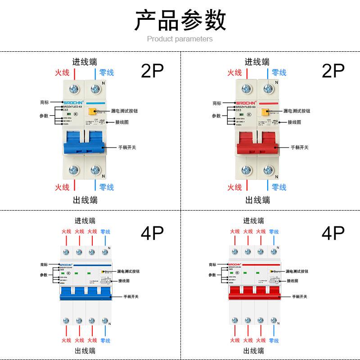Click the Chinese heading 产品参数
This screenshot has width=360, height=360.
(x=180, y=20)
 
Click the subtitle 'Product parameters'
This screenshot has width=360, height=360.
(x=180, y=39)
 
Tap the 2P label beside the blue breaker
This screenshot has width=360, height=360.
(x=152, y=71)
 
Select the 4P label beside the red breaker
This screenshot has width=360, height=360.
(x=333, y=233)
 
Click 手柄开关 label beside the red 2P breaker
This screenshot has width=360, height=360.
(x=300, y=147)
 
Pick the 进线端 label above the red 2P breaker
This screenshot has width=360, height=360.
(x=257, y=62)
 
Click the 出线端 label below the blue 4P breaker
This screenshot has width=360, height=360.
(x=85, y=351)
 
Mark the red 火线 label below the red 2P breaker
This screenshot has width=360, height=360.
(x=234, y=187)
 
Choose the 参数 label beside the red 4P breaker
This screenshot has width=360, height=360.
(x=212, y=275)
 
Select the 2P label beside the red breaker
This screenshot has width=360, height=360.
(x=333, y=71)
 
